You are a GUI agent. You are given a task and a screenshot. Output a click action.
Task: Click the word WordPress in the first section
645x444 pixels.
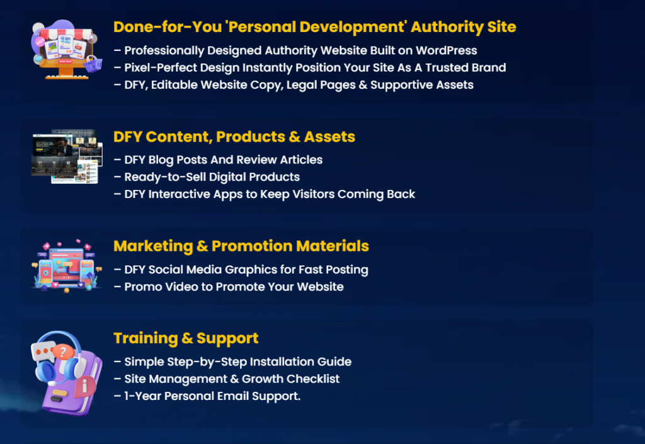coord(447,50)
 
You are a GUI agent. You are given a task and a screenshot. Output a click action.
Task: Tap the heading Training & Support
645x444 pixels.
coord(186,338)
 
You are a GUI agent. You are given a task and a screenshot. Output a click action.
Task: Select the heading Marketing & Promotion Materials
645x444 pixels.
coord(241,246)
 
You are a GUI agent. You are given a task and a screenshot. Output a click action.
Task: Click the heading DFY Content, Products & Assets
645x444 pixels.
coord(234,136)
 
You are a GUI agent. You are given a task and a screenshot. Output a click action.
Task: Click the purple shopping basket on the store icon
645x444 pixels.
coord(93,64)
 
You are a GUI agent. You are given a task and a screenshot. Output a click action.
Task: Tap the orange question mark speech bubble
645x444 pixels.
coord(62,352)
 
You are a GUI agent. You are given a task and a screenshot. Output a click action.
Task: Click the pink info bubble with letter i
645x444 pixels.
coord(85,386)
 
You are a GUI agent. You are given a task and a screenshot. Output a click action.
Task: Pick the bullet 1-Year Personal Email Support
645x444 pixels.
coord(207,396)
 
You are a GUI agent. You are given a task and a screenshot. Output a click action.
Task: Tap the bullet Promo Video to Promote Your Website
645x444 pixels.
coord(229,287)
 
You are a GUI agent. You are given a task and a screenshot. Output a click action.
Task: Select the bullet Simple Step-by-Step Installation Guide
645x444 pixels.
coord(233,362)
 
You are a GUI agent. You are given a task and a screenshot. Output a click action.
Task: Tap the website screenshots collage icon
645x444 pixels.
coord(67,157)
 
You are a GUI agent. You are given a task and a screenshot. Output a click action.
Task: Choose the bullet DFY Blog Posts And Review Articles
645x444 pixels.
coord(218,160)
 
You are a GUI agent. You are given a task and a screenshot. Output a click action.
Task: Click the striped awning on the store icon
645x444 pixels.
coord(66,34)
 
